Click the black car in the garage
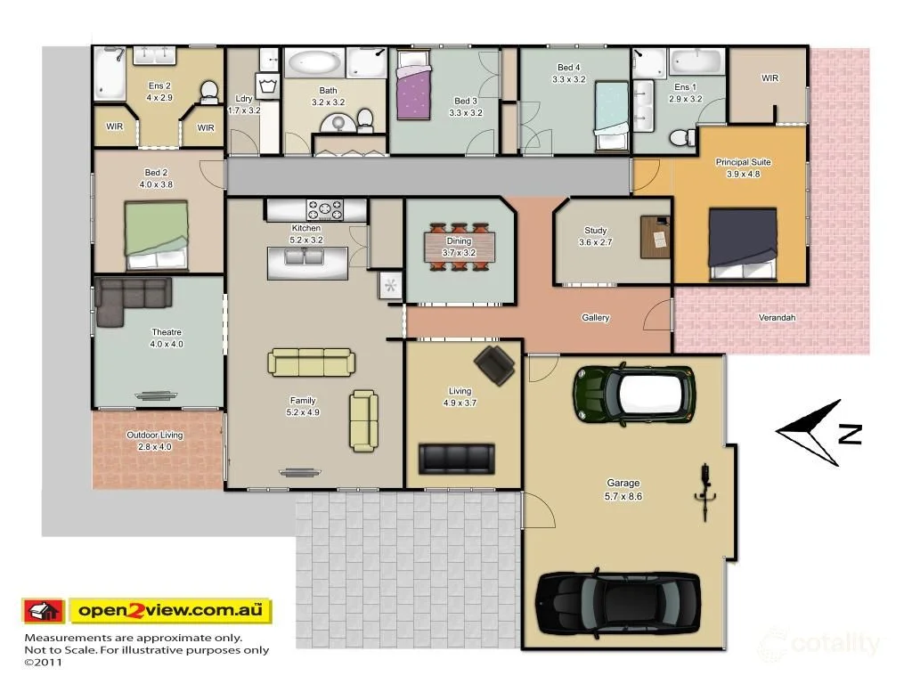point(617,604)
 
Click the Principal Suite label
point(743,162)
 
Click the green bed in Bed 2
point(156,235)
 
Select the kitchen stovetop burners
point(325,210)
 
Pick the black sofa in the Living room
point(456,459)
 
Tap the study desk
point(655,237)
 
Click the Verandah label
point(777,318)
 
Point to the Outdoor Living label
point(155,436)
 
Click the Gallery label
point(596,318)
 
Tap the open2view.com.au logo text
point(170,611)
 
